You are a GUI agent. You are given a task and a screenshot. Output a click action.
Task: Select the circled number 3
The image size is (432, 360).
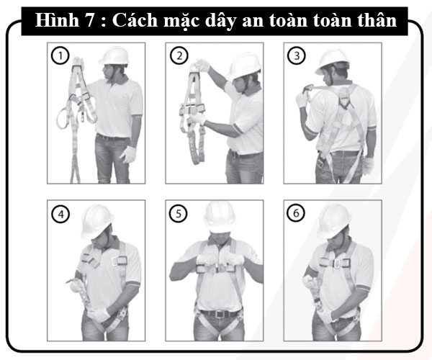click(x=295, y=54)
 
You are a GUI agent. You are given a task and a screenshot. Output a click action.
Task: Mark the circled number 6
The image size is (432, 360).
click(x=295, y=214)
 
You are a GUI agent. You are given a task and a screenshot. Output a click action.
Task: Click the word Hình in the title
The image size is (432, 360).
click(x=63, y=21)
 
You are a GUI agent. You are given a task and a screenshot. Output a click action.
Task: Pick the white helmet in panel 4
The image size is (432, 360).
click(x=96, y=219)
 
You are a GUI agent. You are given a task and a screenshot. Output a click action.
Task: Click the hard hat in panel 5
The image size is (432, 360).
click(x=219, y=214)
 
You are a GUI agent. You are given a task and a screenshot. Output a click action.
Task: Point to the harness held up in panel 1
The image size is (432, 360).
click(x=79, y=108)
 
